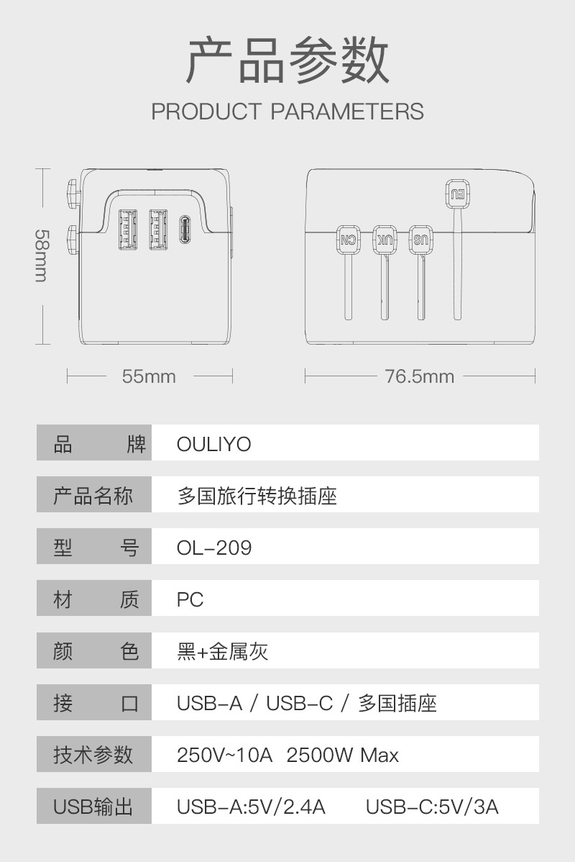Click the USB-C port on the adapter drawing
click(x=185, y=230)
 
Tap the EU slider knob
click(x=457, y=192)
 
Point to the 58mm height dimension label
click(x=42, y=255)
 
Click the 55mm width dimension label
click(x=149, y=376)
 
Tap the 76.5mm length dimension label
click(x=420, y=376)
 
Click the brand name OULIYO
click(x=214, y=444)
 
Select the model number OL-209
click(x=214, y=548)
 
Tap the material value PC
click(x=190, y=600)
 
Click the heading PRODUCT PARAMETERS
click(x=287, y=112)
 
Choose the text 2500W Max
click(x=342, y=756)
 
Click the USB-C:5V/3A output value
click(x=432, y=807)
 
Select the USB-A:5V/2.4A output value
click(x=251, y=807)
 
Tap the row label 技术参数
click(x=93, y=756)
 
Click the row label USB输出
click(x=93, y=807)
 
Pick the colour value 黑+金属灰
click(x=223, y=652)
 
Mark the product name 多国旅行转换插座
click(x=257, y=496)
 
